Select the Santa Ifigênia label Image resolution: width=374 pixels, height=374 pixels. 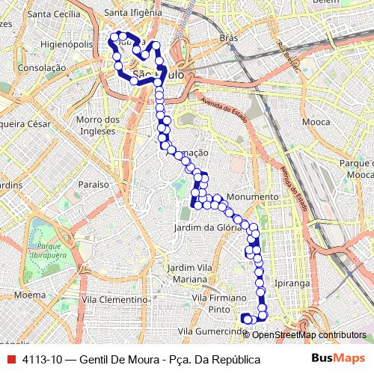click(x=134, y=13)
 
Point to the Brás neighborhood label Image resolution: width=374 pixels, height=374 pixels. click(x=229, y=37)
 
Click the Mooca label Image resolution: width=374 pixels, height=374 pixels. click(x=316, y=120)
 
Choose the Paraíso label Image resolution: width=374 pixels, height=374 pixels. click(x=93, y=183)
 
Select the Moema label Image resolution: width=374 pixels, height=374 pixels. click(x=30, y=295)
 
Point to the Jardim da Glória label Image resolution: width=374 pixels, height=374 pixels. click(x=207, y=227)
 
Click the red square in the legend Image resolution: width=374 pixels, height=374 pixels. click(x=11, y=360)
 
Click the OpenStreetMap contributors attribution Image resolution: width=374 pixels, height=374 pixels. click(x=309, y=335)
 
